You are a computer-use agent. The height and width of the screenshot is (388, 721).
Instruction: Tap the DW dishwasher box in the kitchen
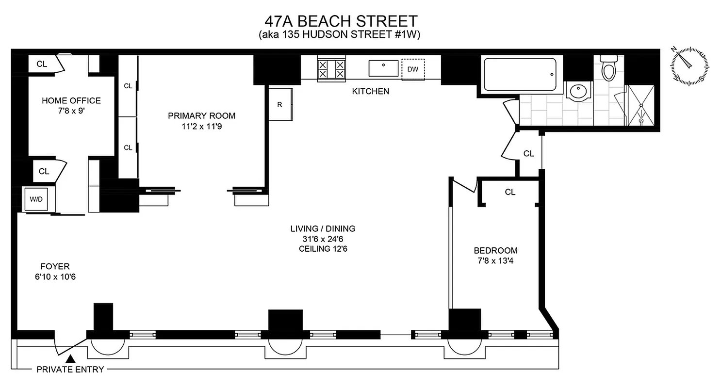413,69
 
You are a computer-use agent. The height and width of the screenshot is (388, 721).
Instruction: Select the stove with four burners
331,69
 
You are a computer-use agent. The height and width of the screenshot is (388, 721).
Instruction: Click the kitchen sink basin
383,68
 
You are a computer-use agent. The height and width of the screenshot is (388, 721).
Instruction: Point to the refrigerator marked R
281,104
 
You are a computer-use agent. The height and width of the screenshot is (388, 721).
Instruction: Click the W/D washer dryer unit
36,199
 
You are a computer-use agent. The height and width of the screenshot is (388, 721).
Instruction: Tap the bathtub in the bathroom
520,74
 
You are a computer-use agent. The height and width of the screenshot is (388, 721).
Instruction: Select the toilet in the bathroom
608,68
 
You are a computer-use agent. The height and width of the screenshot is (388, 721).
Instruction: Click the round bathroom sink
578,91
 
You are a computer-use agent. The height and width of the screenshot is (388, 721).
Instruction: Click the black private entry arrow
71,359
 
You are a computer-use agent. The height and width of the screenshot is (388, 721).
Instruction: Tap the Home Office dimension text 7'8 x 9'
71,111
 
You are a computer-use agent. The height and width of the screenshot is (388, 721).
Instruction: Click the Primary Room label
201,116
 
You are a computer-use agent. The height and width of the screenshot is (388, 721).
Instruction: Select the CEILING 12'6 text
323,249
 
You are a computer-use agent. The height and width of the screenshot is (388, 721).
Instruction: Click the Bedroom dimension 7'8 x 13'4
495,261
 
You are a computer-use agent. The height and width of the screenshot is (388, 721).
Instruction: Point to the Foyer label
55,266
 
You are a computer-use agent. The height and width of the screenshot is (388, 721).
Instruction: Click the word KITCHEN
371,91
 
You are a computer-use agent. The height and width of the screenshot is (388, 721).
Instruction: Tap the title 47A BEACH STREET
341,21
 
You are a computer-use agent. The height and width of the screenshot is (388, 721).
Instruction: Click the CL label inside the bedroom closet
509,192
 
